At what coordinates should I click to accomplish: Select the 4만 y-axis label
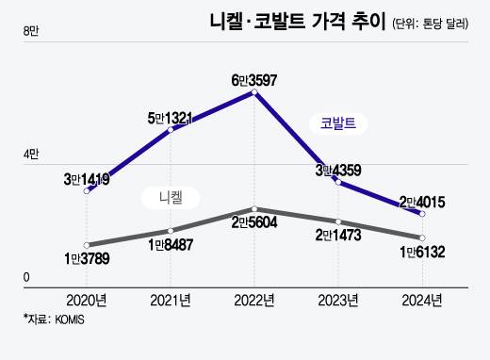click(x=30, y=155)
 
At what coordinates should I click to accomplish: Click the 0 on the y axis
click(x=26, y=277)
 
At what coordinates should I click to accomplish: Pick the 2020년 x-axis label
click(x=87, y=301)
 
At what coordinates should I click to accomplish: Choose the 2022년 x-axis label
click(x=253, y=301)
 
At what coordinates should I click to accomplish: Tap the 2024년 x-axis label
click(x=421, y=301)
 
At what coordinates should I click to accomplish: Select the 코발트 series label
click(x=338, y=123)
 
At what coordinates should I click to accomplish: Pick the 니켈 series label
click(x=171, y=197)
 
